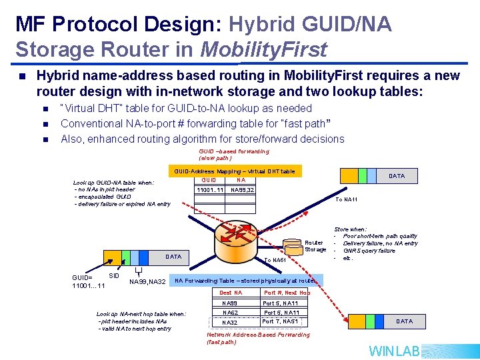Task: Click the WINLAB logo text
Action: (x=395, y=351)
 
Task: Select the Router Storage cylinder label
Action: (x=315, y=246)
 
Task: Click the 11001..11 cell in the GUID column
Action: (x=209, y=190)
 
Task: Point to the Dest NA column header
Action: (x=230, y=293)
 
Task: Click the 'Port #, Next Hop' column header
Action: (x=287, y=293)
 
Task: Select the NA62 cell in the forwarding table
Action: (x=230, y=313)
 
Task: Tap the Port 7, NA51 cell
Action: (x=280, y=322)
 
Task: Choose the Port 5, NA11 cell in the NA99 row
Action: (x=281, y=303)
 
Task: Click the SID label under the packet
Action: (x=114, y=275)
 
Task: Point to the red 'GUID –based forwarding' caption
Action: (x=224, y=155)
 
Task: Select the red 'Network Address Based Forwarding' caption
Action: (x=258, y=338)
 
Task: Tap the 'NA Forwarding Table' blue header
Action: (x=247, y=281)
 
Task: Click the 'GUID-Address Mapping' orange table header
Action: (x=234, y=171)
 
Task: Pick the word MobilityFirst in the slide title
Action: (x=263, y=49)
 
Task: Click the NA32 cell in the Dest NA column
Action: (x=230, y=323)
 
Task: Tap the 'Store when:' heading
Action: (x=350, y=229)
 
